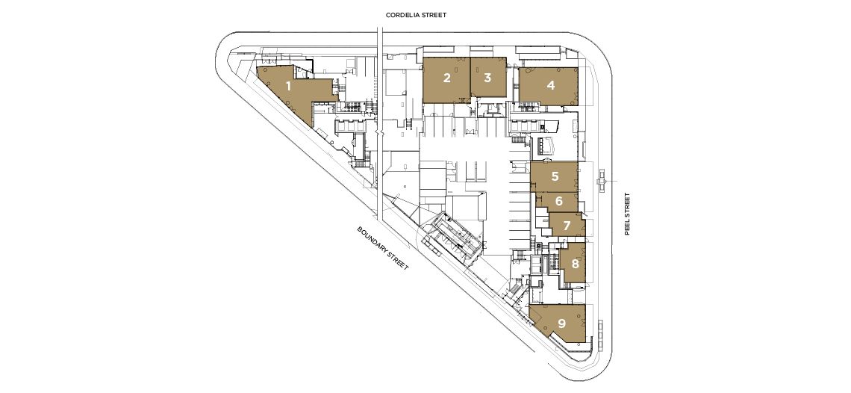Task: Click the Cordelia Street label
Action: [x=416, y=15]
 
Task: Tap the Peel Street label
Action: [x=627, y=214]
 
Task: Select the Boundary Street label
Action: [x=383, y=248]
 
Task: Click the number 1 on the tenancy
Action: [x=288, y=86]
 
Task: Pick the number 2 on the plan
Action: [x=446, y=78]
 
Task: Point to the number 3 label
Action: [x=487, y=78]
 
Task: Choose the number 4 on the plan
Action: [x=551, y=85]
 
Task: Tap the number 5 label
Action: [x=555, y=176]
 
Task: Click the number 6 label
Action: [x=558, y=201]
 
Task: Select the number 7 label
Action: [x=567, y=225]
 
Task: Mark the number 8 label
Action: [x=575, y=264]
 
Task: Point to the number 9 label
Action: [x=561, y=324]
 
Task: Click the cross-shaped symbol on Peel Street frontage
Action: [x=601, y=181]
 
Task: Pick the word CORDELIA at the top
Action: [x=402, y=15]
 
